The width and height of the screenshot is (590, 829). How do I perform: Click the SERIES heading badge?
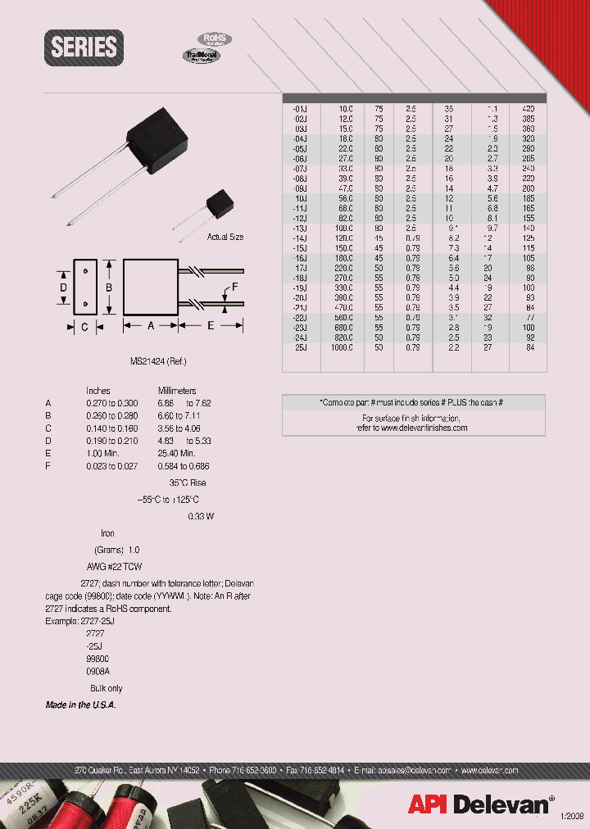tap(84, 47)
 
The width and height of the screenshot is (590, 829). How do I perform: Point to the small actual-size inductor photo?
tap(217, 203)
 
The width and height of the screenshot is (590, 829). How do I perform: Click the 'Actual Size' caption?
tap(225, 237)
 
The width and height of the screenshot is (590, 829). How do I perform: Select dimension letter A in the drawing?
tap(150, 325)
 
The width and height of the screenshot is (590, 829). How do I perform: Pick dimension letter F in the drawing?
tap(235, 287)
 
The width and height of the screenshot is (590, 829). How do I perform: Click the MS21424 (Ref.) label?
tap(152, 360)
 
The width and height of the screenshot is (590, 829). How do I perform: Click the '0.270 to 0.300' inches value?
tap(112, 404)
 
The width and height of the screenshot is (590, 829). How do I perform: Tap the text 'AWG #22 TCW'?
tap(114, 567)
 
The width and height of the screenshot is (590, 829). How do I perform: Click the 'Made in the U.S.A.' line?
tap(80, 705)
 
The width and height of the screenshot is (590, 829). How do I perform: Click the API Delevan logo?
tap(478, 804)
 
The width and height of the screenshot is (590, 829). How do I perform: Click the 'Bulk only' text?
tap(106, 689)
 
